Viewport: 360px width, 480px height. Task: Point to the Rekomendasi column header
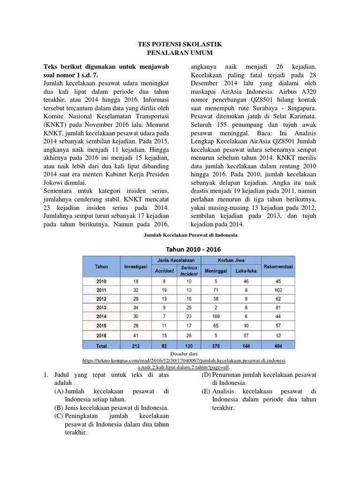(278, 266)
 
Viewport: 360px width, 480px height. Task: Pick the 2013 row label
(101, 308)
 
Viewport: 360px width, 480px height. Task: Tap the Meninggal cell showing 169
(216, 317)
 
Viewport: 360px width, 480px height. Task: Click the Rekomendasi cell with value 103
(278, 290)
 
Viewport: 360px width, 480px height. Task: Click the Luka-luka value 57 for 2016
(246, 335)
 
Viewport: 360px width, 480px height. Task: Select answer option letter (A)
(59, 391)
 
